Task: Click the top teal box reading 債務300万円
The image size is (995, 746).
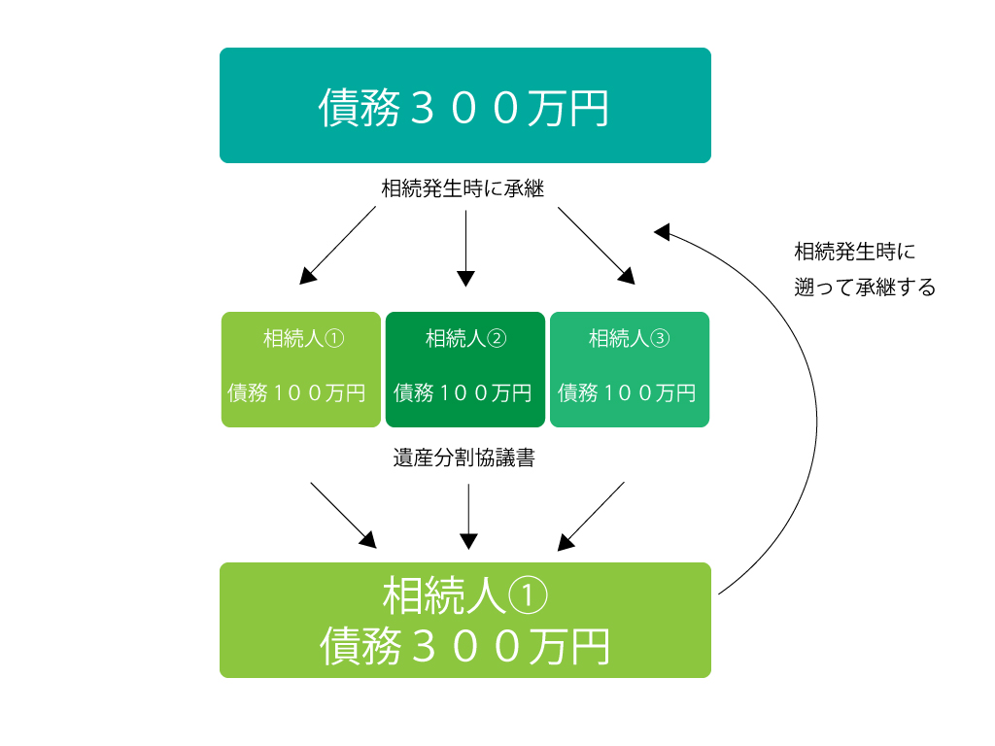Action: click(465, 105)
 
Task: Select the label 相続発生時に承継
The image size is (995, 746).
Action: click(463, 188)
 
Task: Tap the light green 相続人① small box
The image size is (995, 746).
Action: click(301, 369)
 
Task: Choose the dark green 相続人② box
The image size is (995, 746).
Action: click(465, 369)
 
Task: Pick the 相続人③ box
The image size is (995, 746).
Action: click(630, 369)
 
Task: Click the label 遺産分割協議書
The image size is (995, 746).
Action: click(463, 458)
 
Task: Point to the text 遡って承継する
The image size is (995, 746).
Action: click(865, 288)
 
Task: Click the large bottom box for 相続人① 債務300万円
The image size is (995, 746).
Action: click(465, 620)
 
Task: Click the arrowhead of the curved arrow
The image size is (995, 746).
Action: click(662, 231)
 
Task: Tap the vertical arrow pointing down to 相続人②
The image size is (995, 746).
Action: click(465, 248)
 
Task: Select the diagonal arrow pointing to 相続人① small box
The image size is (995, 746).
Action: click(337, 245)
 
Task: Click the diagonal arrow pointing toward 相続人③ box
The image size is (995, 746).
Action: click(597, 246)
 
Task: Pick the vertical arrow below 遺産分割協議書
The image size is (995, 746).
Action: click(468, 517)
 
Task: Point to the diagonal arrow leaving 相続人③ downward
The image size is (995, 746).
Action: click(592, 516)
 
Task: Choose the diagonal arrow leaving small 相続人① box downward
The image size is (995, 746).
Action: click(343, 515)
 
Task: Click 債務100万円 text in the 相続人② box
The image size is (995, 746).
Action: click(463, 392)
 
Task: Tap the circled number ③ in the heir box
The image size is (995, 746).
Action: click(660, 338)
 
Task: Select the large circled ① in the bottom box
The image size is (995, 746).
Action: click(527, 595)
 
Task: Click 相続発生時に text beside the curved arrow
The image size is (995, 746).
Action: click(855, 252)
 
